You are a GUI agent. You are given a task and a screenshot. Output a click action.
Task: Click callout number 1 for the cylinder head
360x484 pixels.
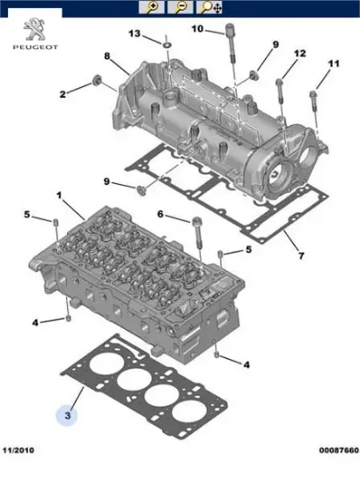[x=60, y=194]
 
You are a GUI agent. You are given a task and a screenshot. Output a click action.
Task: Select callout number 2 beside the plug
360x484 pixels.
[x=62, y=94]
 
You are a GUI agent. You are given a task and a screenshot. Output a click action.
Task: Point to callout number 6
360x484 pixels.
[x=161, y=214]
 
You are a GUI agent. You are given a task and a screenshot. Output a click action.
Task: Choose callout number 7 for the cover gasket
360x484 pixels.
[x=300, y=256]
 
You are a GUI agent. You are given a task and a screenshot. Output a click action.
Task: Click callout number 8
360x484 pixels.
[x=107, y=57]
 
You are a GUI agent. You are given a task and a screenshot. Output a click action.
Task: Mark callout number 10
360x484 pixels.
[x=197, y=29]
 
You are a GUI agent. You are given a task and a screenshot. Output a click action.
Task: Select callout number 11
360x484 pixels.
[x=333, y=64]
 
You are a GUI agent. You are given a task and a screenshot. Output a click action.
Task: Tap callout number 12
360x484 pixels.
[x=300, y=54]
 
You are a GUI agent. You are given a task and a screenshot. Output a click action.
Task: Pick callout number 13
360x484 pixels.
[x=135, y=33]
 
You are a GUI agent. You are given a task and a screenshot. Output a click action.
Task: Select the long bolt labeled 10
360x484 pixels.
[x=231, y=44]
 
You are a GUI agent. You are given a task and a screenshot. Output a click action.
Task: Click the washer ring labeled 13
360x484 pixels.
[x=165, y=42]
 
